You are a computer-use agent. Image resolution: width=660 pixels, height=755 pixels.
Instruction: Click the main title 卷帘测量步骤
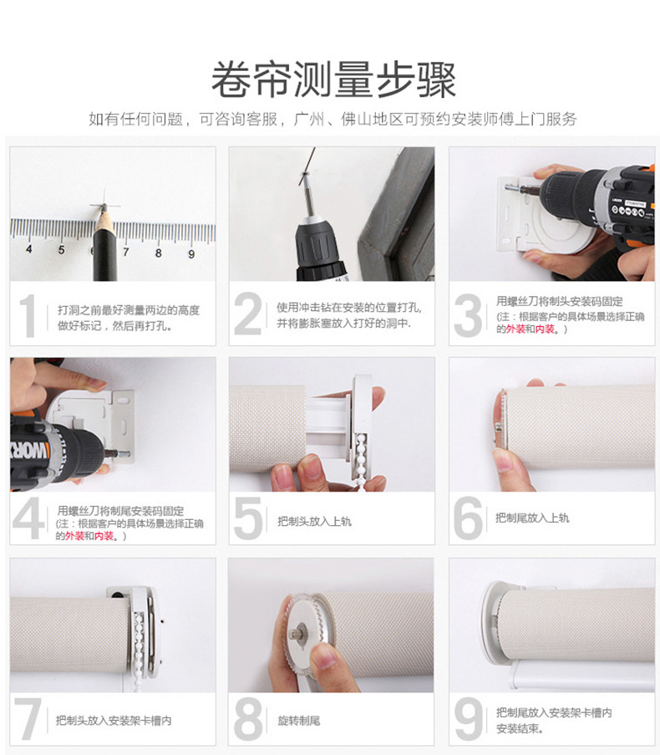click(333, 81)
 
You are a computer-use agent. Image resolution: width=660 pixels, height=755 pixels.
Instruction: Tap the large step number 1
click(29, 315)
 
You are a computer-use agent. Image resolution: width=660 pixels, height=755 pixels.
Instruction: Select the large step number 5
click(248, 518)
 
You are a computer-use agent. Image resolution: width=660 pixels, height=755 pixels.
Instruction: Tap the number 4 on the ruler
click(29, 249)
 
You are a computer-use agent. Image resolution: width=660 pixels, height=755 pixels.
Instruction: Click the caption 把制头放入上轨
click(314, 521)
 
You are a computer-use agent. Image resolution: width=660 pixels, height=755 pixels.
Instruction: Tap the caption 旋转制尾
click(299, 720)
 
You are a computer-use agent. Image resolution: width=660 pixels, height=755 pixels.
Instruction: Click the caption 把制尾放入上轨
click(532, 518)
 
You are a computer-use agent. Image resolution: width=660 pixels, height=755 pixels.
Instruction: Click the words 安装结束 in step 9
click(519, 728)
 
